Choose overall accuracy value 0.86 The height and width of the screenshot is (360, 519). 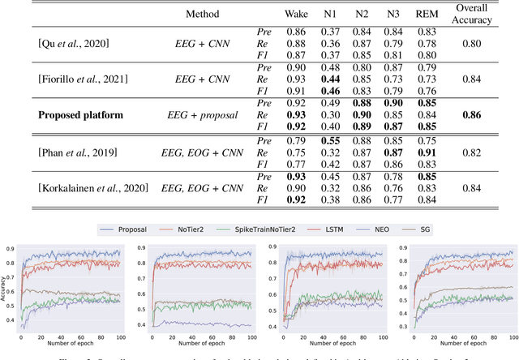tap(476, 115)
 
